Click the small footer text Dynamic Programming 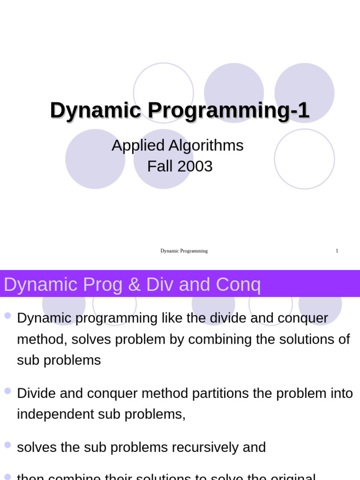[x=184, y=251]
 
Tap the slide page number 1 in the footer [x=337, y=251]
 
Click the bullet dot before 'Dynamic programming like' [x=7, y=315]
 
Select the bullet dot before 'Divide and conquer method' [x=7, y=390]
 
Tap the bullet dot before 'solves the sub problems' [x=7, y=444]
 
